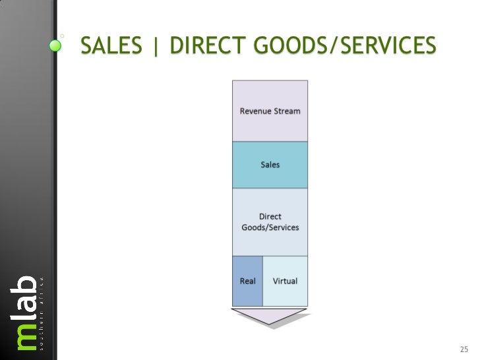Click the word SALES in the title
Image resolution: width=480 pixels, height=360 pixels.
point(109,45)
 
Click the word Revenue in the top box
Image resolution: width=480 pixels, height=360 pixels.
point(256,111)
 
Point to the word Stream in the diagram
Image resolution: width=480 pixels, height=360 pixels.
point(287,111)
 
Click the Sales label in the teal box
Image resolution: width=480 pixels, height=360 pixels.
point(270,165)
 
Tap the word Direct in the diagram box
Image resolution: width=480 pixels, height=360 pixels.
point(270,216)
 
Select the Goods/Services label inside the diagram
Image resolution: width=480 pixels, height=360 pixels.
point(270,227)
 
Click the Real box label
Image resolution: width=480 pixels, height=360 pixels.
point(247,281)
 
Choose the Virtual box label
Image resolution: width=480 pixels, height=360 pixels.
point(285,281)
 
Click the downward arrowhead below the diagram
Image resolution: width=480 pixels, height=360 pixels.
point(270,316)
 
